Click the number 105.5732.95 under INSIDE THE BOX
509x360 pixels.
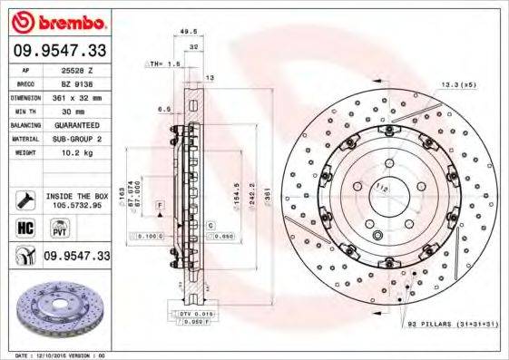tap(76, 205)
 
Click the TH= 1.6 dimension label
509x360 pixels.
tap(165, 65)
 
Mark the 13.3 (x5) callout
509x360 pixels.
tap(457, 85)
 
